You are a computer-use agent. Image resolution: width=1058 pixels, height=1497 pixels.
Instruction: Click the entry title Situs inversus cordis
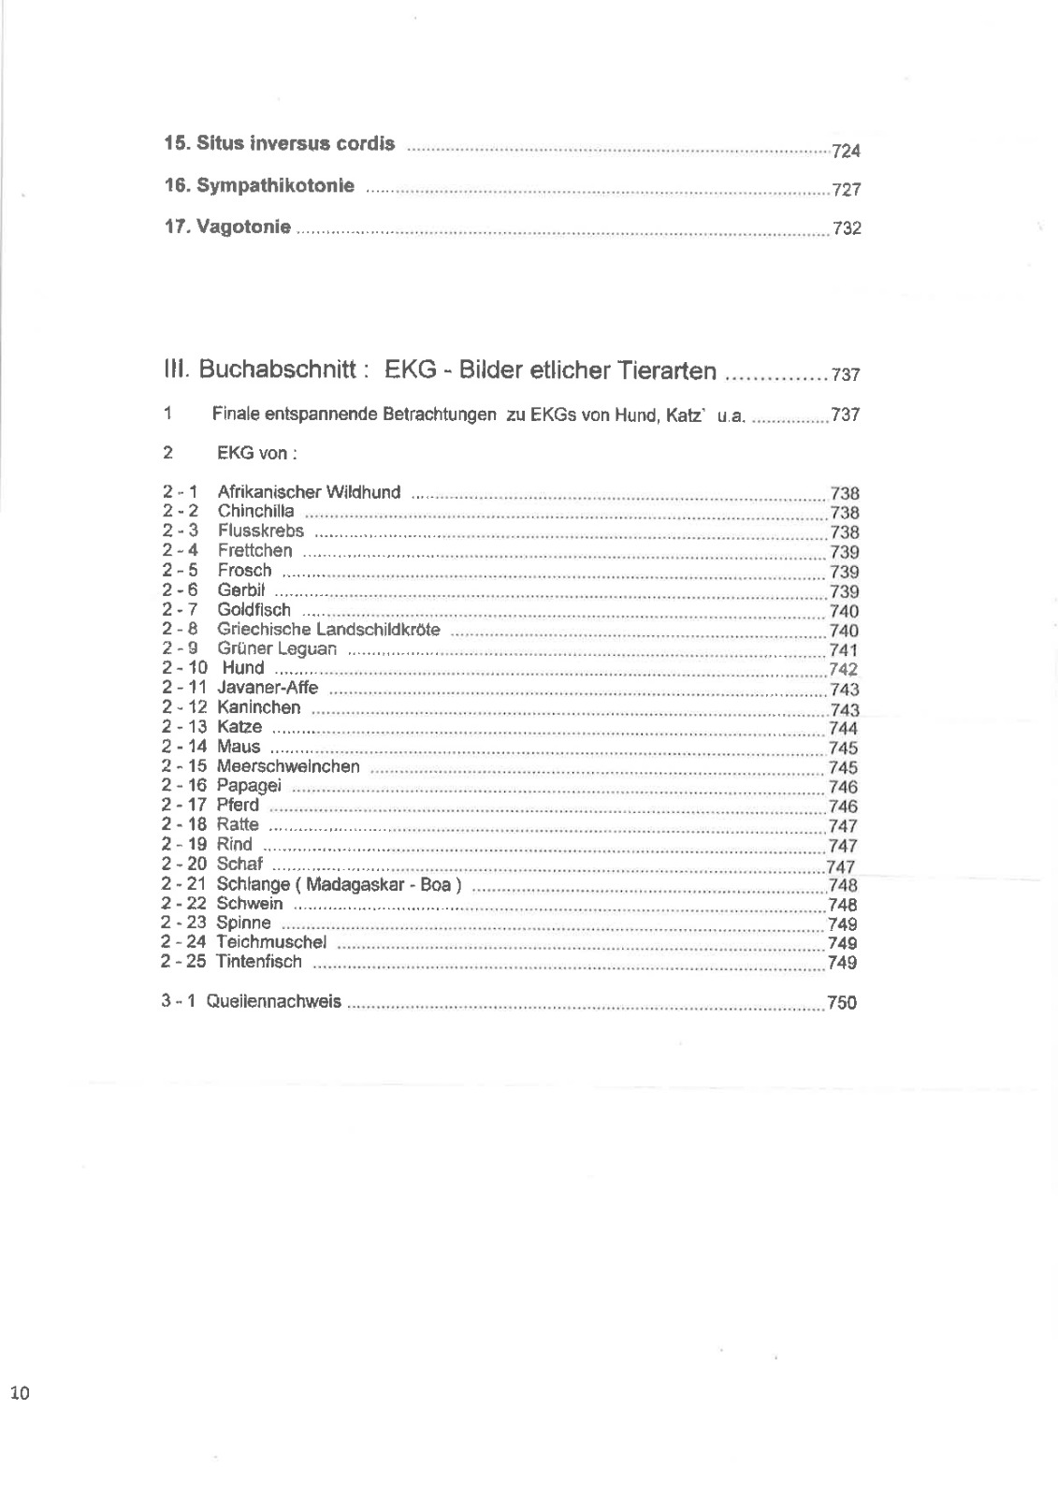tap(296, 144)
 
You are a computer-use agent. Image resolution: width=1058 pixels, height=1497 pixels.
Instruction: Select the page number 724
tap(846, 152)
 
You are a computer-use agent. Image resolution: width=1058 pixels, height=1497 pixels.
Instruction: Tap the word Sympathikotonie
tap(275, 185)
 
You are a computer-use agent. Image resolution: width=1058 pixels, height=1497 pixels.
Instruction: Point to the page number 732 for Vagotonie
tap(846, 228)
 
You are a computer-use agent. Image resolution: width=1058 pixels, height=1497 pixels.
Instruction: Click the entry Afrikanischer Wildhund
tap(309, 492)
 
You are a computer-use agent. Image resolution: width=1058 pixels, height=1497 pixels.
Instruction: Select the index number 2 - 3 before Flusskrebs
tap(180, 531)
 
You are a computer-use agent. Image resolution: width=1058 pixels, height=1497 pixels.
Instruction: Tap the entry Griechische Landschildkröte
tap(328, 629)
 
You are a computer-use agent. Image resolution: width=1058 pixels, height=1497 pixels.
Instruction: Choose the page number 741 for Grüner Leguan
tap(843, 650)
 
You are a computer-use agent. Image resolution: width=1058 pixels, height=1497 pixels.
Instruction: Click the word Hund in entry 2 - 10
tap(243, 668)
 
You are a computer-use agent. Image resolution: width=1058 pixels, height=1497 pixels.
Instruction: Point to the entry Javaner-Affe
tap(268, 688)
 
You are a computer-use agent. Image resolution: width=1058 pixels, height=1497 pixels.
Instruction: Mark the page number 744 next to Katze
tap(843, 728)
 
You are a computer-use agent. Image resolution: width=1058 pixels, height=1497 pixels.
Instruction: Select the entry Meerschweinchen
tap(288, 766)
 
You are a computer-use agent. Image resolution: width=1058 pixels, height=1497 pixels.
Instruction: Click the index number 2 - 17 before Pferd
tap(183, 805)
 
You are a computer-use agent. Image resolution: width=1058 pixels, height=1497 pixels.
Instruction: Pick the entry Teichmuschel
tap(271, 942)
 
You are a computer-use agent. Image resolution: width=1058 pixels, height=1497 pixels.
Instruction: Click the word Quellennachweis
tap(273, 1002)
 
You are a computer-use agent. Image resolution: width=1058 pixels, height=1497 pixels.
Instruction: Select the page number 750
tap(841, 1003)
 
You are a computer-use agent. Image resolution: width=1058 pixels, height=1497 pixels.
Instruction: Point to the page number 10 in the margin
tap(20, 1393)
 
